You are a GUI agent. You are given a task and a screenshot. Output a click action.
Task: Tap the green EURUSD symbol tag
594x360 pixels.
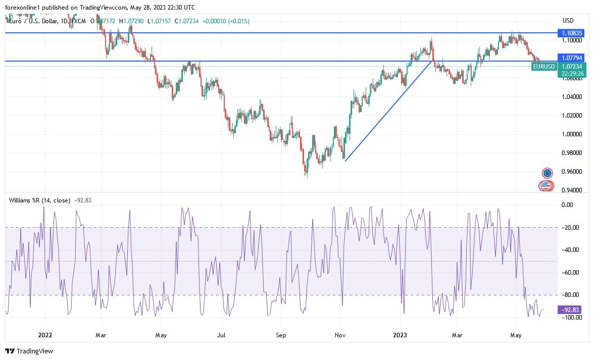pyautogui.click(x=544, y=66)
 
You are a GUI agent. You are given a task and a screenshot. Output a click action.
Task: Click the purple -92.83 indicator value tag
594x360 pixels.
pyautogui.click(x=569, y=310)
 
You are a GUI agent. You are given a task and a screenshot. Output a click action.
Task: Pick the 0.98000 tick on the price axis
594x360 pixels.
pyautogui.click(x=571, y=153)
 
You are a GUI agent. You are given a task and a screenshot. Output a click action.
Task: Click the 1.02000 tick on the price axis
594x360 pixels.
pyautogui.click(x=571, y=116)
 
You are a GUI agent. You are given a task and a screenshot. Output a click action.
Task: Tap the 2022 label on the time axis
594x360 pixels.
pyautogui.click(x=45, y=335)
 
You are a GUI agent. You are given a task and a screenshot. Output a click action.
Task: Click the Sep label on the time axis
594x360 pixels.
pyautogui.click(x=281, y=335)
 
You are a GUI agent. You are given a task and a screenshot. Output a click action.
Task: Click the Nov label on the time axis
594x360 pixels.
pyautogui.click(x=340, y=335)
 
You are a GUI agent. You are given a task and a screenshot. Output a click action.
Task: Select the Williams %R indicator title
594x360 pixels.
pyautogui.click(x=39, y=200)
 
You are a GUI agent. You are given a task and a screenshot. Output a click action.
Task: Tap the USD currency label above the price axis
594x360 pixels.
pyautogui.click(x=568, y=21)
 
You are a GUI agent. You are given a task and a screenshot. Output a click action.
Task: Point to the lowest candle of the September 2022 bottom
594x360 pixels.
pyautogui.click(x=306, y=175)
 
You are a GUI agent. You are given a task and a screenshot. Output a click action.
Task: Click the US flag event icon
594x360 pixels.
pyautogui.click(x=545, y=186)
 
